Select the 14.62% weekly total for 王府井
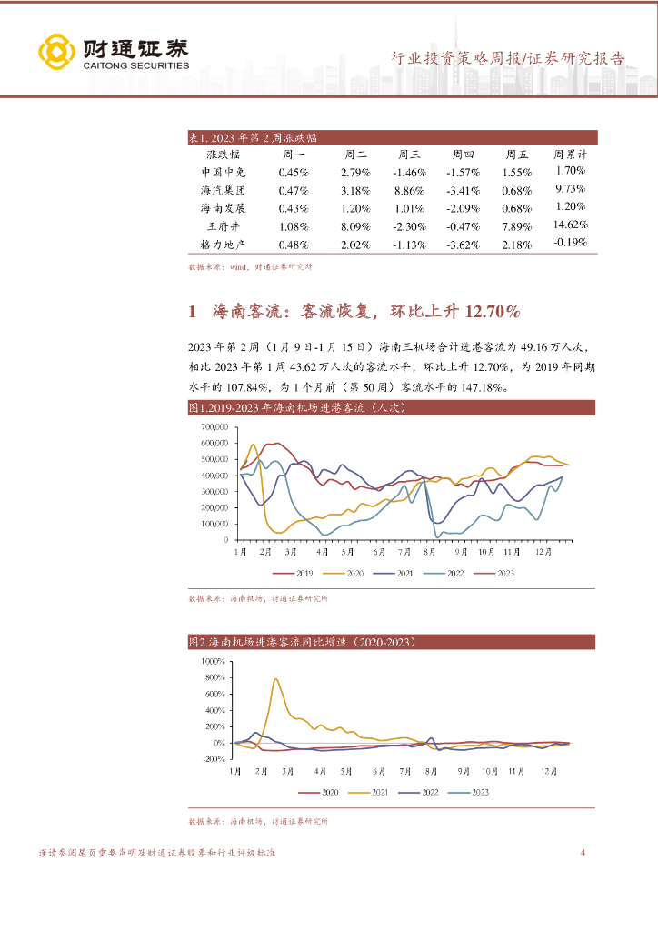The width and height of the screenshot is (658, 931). click(x=571, y=225)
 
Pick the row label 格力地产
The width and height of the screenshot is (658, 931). click(x=223, y=244)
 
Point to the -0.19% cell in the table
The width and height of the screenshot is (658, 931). click(x=570, y=243)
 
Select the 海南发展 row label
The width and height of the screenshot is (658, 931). click(x=223, y=208)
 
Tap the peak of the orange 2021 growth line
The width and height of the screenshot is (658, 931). click(x=275, y=679)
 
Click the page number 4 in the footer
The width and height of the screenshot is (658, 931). click(x=583, y=853)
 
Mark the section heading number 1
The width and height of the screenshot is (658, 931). click(x=193, y=312)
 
